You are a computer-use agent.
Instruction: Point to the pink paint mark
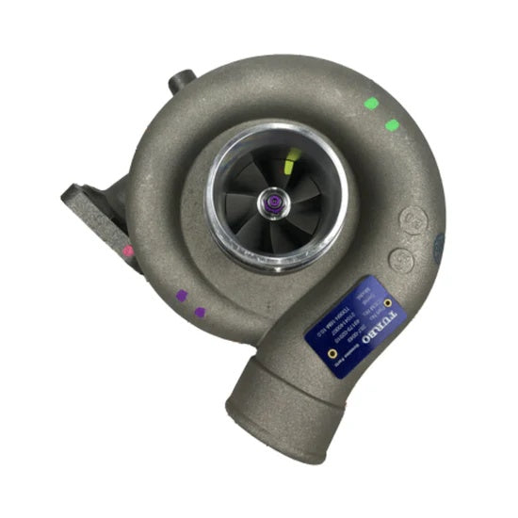tap(127, 251)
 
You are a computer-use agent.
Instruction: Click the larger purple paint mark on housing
tap(181, 295)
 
